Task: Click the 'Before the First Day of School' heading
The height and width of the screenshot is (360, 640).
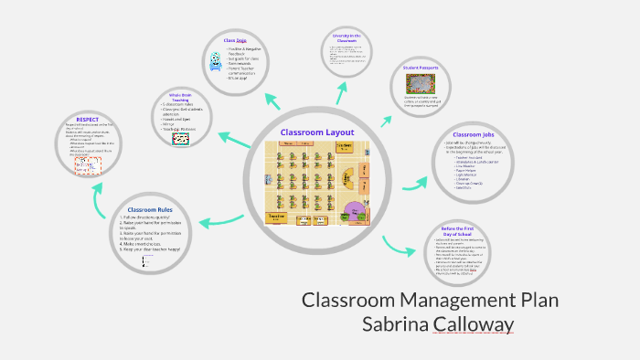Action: point(456,232)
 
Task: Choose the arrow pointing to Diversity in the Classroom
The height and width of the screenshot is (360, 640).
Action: point(341,91)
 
